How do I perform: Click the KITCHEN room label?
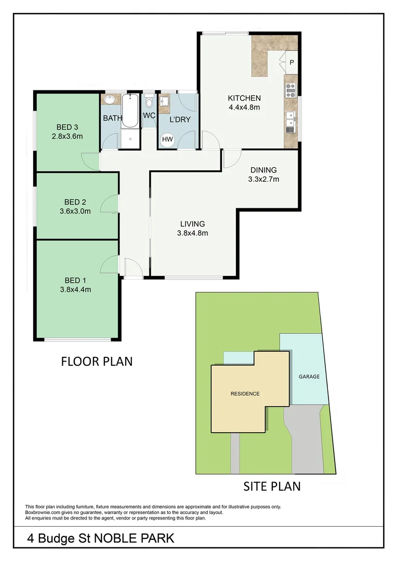[x=244, y=98]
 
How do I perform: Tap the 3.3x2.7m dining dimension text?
[x=263, y=180]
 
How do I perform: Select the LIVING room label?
[x=192, y=224]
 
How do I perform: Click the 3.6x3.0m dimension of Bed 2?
[x=75, y=211]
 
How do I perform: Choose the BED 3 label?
[x=67, y=127]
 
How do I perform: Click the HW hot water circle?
[x=167, y=139]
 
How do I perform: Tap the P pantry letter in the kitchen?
[x=292, y=63]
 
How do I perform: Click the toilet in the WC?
[x=149, y=102]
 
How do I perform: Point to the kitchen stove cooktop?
[x=290, y=90]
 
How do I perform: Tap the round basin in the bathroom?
[x=110, y=100]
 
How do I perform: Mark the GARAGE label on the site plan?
[x=309, y=377]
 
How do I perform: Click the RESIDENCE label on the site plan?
[x=245, y=394]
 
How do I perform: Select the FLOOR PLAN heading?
[x=97, y=361]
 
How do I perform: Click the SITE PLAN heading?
[x=272, y=486]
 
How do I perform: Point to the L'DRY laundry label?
[x=180, y=119]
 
